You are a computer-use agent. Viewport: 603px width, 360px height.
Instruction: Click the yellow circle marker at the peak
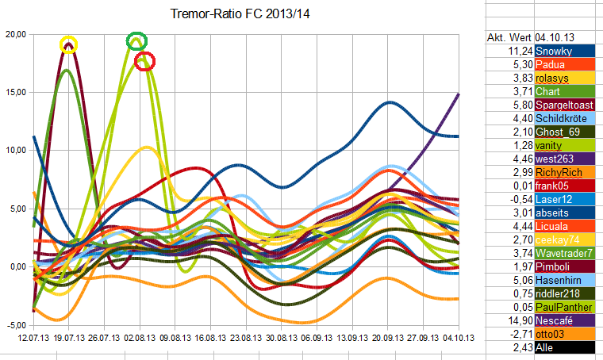click(x=69, y=44)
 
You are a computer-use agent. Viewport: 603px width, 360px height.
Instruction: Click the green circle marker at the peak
click(x=136, y=41)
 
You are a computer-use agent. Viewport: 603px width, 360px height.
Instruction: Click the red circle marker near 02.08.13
click(x=144, y=61)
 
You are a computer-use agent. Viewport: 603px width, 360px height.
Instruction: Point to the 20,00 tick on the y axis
click(x=16, y=34)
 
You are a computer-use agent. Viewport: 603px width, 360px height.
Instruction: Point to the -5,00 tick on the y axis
click(x=16, y=325)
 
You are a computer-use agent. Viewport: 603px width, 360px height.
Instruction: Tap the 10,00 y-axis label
click(x=16, y=151)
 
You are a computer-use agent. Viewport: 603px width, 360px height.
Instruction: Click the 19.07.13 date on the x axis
click(x=69, y=337)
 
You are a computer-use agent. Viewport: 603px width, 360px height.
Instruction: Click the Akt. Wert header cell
click(x=509, y=37)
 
